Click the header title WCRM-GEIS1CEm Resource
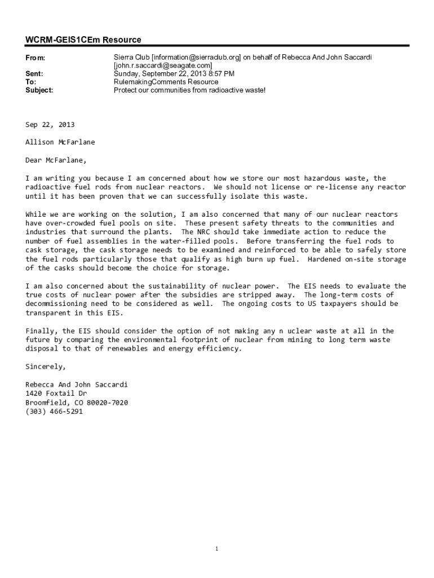point(83,40)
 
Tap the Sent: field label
point(34,74)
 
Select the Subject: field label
point(39,90)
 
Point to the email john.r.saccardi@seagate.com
point(163,65)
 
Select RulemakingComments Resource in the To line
point(166,82)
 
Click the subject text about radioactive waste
point(189,90)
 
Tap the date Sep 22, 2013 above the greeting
point(50,125)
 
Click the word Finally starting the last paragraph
point(42,331)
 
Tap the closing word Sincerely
point(45,366)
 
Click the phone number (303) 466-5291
point(54,411)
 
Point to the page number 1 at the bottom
point(217,549)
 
